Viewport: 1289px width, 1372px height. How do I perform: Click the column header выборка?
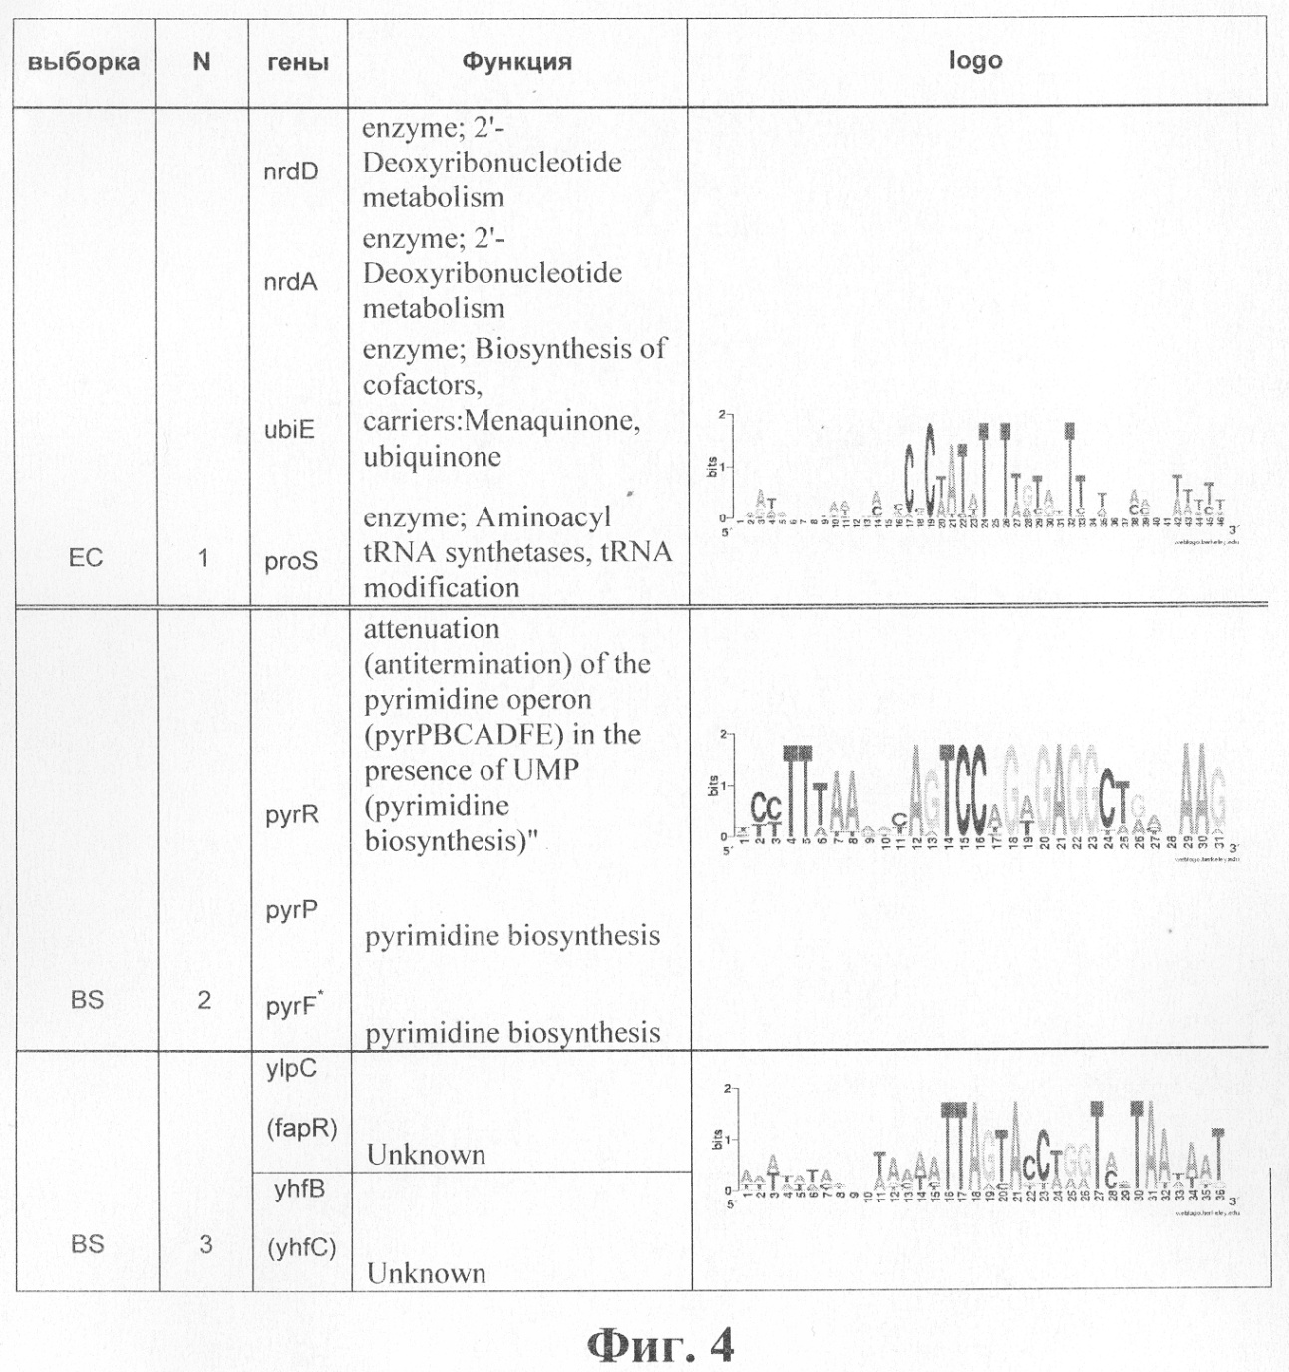tap(84, 62)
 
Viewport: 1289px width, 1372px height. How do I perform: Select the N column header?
tap(201, 62)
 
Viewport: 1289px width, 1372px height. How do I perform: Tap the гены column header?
tap(298, 62)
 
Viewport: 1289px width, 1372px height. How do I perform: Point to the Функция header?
tap(516, 62)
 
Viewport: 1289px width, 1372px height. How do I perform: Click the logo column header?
tap(975, 61)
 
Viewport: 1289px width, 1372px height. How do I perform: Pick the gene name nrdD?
tap(291, 171)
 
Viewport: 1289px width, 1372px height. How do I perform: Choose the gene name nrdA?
tap(291, 282)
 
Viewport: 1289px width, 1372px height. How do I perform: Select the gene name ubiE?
tap(290, 429)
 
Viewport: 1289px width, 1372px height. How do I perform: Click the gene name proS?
tap(291, 561)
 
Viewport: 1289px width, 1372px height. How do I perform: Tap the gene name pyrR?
tap(292, 815)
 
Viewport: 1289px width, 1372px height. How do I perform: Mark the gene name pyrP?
tap(291, 910)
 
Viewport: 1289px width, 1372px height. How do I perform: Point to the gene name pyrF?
tap(291, 1006)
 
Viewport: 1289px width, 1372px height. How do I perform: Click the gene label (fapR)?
tap(302, 1128)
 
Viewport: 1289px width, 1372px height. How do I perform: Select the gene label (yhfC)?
tap(301, 1248)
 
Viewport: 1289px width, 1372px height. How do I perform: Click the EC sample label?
tap(86, 557)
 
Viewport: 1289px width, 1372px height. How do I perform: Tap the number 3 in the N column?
tap(205, 1244)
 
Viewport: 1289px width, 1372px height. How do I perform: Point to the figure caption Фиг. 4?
tap(659, 1346)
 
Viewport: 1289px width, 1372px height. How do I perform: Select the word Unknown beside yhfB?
tap(427, 1273)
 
